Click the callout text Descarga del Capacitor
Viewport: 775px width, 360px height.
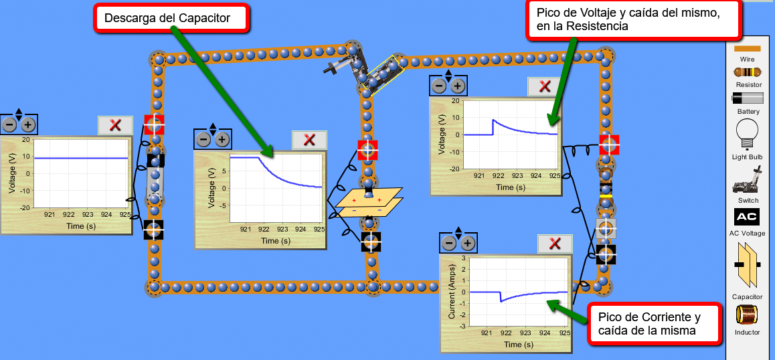click(167, 18)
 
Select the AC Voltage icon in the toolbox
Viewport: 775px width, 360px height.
click(747, 217)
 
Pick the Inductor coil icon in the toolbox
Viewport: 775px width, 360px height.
click(747, 314)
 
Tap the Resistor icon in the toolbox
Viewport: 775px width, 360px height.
click(747, 72)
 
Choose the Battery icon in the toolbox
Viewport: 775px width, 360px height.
click(747, 98)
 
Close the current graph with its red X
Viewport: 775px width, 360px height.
click(555, 244)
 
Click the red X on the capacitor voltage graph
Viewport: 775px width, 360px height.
click(309, 140)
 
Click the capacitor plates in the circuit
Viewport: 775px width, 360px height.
click(369, 203)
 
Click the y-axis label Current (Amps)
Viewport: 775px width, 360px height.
click(452, 292)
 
